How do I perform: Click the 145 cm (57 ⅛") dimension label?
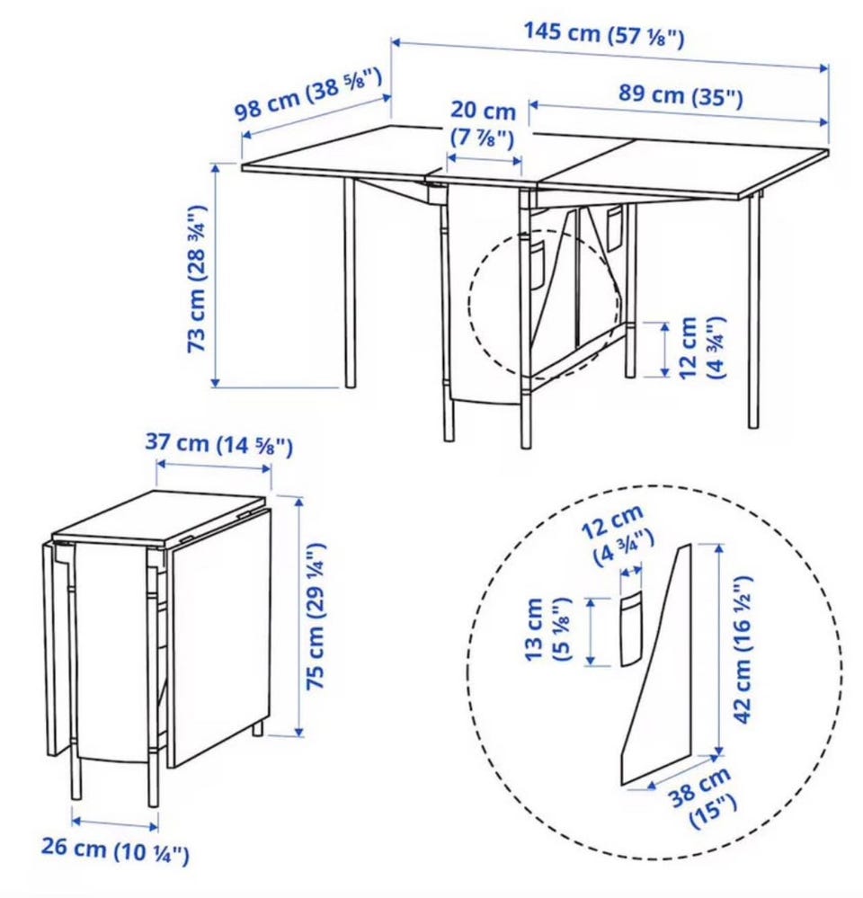click(x=604, y=34)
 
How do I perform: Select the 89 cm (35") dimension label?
click(x=681, y=95)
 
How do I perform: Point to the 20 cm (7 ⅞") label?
click(x=483, y=124)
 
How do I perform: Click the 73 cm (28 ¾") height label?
click(x=198, y=279)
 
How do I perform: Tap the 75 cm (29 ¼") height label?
click(x=316, y=617)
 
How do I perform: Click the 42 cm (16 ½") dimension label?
click(x=743, y=649)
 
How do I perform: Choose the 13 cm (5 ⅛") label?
click(x=547, y=629)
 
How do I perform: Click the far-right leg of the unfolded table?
click(x=755, y=312)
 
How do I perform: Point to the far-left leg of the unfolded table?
click(x=350, y=282)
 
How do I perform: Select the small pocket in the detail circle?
click(x=632, y=629)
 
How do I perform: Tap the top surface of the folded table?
click(x=160, y=517)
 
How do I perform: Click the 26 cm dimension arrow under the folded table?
click(x=114, y=823)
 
